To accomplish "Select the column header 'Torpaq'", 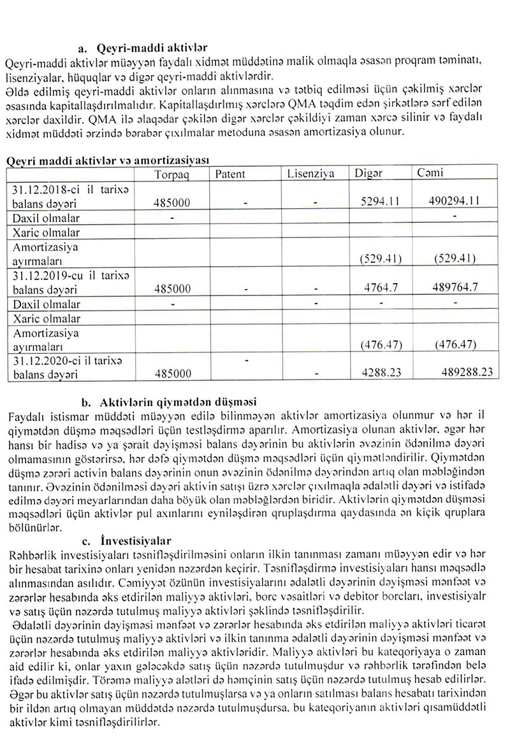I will (171, 175).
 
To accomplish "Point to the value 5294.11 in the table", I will (380, 201).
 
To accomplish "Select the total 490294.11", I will (455, 201).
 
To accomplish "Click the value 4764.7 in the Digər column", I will (382, 288).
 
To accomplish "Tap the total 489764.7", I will (455, 288).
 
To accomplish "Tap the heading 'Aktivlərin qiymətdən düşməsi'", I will (178, 402).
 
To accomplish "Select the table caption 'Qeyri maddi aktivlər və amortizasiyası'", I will (106, 160).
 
